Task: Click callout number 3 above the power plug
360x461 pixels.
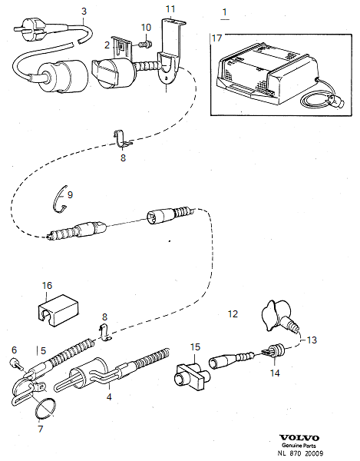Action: coord(84,12)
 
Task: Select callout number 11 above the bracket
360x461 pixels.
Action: coord(170,8)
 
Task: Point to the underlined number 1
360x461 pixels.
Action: coord(224,12)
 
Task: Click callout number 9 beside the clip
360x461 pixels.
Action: coord(70,195)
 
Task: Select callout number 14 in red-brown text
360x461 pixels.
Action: coord(275,373)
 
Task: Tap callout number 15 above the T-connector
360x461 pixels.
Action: coord(195,347)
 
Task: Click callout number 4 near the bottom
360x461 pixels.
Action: coord(108,397)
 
